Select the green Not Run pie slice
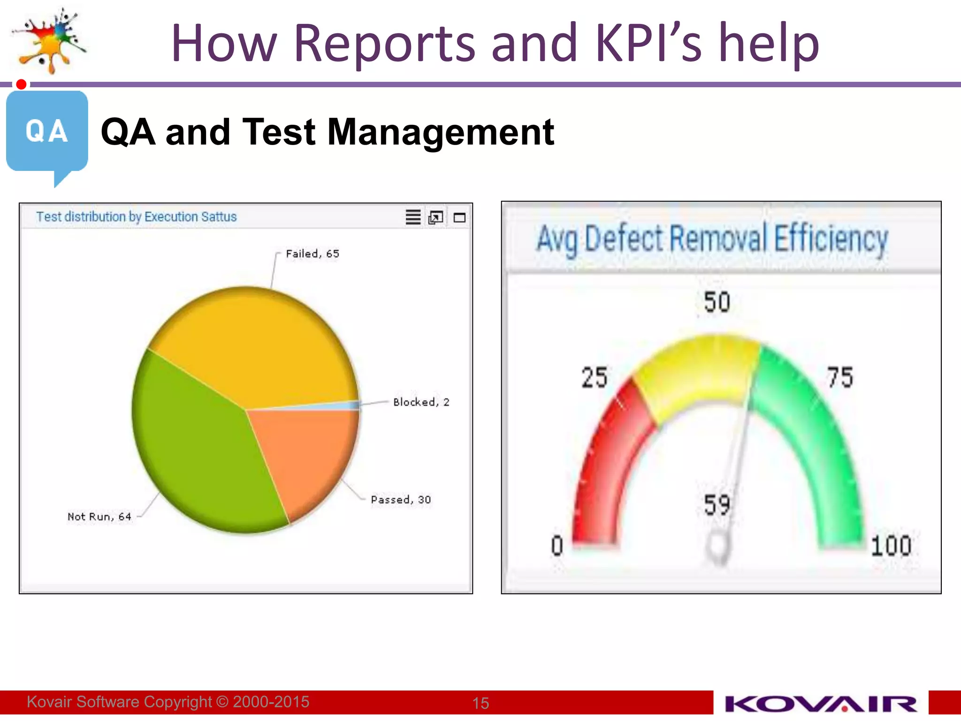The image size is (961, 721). tap(197, 446)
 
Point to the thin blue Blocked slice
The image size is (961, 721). tap(347, 406)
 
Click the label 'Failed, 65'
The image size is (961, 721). tap(313, 254)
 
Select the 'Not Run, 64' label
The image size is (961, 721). tap(99, 517)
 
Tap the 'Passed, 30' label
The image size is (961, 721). tap(401, 500)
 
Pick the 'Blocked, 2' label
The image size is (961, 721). tap(421, 402)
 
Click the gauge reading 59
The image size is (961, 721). tap(717, 505)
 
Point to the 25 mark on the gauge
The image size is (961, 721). tap(595, 377)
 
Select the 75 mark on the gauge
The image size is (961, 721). tap(840, 377)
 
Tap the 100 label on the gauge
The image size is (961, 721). tap(891, 546)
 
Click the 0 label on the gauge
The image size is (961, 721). tap(557, 546)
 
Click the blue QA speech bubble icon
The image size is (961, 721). tap(47, 134)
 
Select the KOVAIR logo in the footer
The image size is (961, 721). tap(821, 704)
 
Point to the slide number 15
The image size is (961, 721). tap(480, 703)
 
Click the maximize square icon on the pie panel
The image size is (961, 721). tap(459, 218)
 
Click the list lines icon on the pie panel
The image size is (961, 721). tap(413, 217)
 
